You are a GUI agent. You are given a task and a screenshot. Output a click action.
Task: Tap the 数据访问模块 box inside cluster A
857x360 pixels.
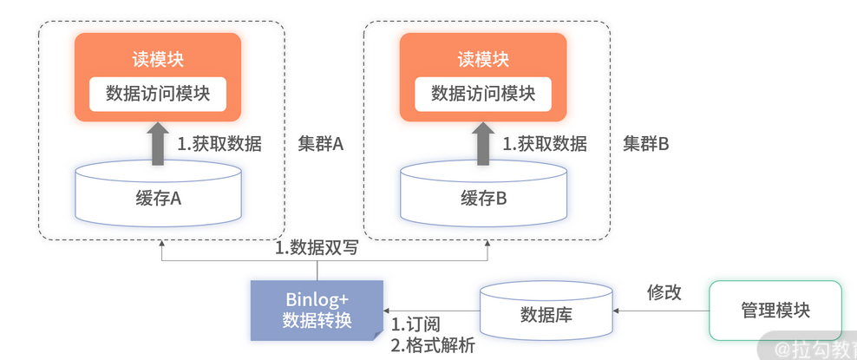click(x=157, y=94)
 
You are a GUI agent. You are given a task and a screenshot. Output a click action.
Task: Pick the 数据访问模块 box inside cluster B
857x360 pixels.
click(x=483, y=94)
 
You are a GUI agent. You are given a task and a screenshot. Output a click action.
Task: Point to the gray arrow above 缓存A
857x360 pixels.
click(x=158, y=143)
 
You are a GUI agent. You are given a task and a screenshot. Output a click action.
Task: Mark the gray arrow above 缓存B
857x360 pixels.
click(x=483, y=143)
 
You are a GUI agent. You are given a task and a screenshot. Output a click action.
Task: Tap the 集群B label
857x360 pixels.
click(x=646, y=144)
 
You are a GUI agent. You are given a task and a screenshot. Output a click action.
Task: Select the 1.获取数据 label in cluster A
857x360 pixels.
click(x=219, y=144)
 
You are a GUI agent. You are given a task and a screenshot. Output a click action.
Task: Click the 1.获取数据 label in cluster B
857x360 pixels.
click(x=545, y=144)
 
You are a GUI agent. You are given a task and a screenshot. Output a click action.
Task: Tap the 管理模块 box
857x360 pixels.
click(x=775, y=311)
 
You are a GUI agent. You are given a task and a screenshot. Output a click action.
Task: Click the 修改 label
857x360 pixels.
click(x=664, y=292)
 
